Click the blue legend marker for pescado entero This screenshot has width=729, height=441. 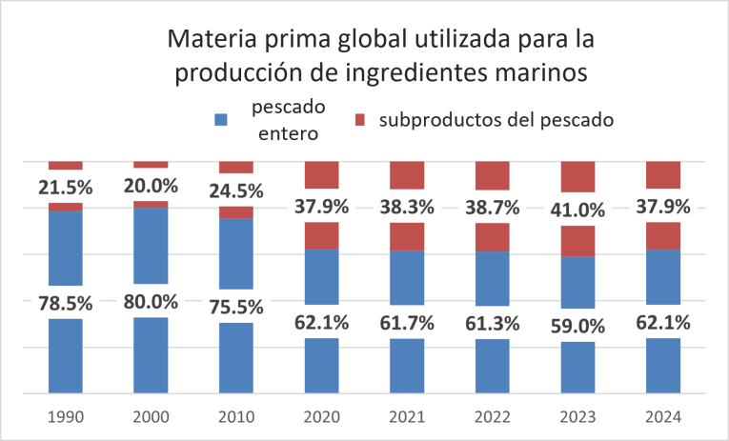[221, 120]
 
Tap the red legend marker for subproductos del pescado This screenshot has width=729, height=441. [360, 120]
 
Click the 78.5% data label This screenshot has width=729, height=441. [66, 303]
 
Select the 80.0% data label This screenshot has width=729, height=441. [151, 302]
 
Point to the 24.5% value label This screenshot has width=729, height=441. [236, 190]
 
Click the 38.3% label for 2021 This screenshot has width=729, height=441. [407, 207]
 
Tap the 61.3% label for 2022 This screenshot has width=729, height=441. [492, 322]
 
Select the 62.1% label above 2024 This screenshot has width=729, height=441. [662, 321]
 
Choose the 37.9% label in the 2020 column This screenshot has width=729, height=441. [321, 207]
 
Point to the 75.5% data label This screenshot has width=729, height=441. [236, 307]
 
